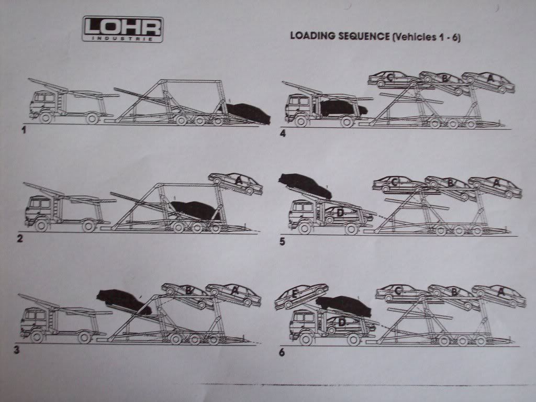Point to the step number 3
pyautogui.click(x=17, y=350)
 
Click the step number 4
pyautogui.click(x=283, y=133)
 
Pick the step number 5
pyautogui.click(x=282, y=242)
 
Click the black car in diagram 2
pyautogui.click(x=193, y=210)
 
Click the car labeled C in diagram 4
pyautogui.click(x=393, y=79)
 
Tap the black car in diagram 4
pyautogui.click(x=343, y=108)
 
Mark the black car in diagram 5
pyautogui.click(x=305, y=186)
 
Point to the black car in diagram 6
pyautogui.click(x=344, y=305)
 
